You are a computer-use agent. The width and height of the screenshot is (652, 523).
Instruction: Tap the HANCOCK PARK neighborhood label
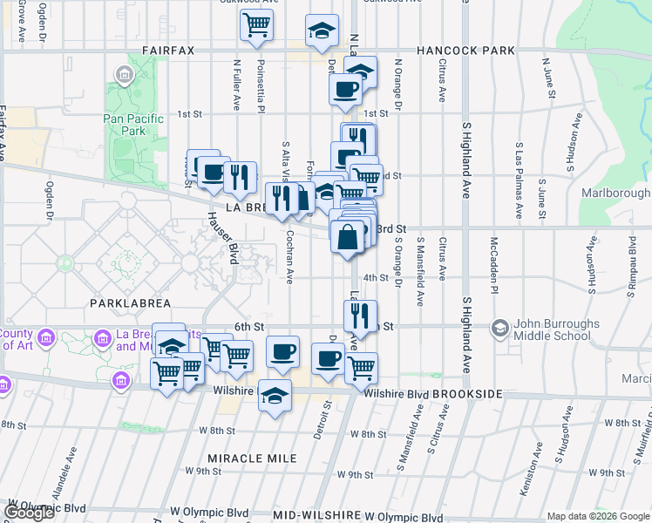465,51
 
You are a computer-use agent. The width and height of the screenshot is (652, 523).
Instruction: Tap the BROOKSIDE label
470,395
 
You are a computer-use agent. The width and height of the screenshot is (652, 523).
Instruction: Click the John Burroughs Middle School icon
500,328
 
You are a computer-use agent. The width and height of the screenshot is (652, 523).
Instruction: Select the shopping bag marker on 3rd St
347,237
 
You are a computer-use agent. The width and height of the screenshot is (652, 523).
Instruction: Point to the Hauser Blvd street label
221,238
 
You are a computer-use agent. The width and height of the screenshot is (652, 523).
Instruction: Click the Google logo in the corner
29,513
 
